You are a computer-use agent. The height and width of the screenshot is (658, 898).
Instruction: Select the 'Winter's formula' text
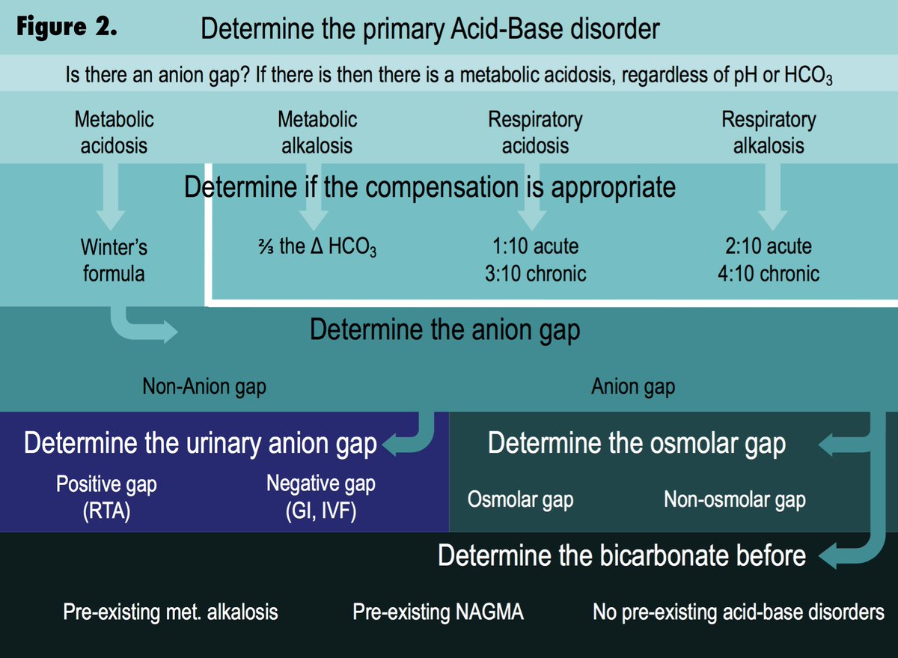[114, 260]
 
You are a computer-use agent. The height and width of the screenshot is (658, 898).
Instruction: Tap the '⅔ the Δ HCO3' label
[316, 247]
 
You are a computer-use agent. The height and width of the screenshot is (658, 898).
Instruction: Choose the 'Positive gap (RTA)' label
[106, 497]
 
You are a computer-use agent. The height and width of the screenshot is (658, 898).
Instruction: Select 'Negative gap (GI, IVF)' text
[320, 497]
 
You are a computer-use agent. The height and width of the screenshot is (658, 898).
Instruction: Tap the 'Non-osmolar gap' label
[734, 500]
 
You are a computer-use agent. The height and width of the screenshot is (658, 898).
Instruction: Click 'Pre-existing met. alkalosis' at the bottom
[170, 612]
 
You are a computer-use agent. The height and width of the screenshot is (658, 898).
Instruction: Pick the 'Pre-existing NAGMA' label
[438, 612]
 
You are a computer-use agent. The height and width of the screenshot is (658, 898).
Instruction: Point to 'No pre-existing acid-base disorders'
[738, 612]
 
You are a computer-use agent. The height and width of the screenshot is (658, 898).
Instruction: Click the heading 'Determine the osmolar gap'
[636, 443]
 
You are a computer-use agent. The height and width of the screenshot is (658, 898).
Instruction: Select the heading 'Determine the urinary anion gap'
[200, 443]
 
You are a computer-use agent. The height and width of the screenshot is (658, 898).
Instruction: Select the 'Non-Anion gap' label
[204, 387]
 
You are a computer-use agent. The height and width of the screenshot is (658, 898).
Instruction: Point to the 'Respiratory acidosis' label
[534, 132]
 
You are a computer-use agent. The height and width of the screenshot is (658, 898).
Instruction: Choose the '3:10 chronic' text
[535, 273]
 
